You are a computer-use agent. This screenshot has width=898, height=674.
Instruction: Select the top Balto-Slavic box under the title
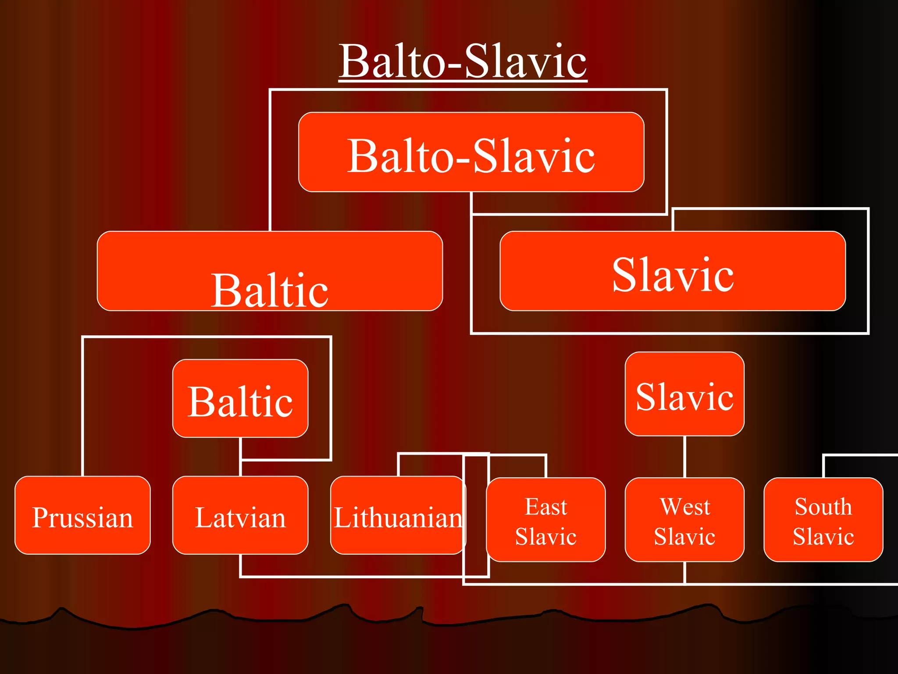pyautogui.click(x=471, y=152)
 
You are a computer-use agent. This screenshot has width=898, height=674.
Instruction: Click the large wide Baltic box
pyautogui.click(x=270, y=271)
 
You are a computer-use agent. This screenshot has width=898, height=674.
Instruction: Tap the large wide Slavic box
pyautogui.click(x=673, y=271)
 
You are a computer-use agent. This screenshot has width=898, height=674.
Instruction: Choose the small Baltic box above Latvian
pyautogui.click(x=240, y=398)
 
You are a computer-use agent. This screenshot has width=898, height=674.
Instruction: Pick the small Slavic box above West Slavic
pyautogui.click(x=684, y=394)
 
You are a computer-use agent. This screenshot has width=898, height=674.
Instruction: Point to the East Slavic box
pyautogui.click(x=546, y=520)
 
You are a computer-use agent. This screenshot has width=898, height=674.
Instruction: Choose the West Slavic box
pyautogui.click(x=684, y=520)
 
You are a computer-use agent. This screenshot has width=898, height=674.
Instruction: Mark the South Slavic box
pyautogui.click(x=823, y=520)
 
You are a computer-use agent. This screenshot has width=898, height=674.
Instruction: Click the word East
pyautogui.click(x=546, y=506)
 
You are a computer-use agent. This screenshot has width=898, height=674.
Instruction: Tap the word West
pyautogui.click(x=685, y=506)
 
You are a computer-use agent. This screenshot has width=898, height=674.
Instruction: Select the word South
pyautogui.click(x=823, y=506)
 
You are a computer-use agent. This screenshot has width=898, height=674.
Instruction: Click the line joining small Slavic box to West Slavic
pyautogui.click(x=684, y=457)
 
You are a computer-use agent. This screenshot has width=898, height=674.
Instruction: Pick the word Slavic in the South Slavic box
pyautogui.click(x=823, y=536)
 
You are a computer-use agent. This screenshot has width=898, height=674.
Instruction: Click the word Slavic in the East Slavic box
pyautogui.click(x=546, y=536)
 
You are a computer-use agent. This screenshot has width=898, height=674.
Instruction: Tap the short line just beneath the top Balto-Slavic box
pyautogui.click(x=471, y=203)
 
